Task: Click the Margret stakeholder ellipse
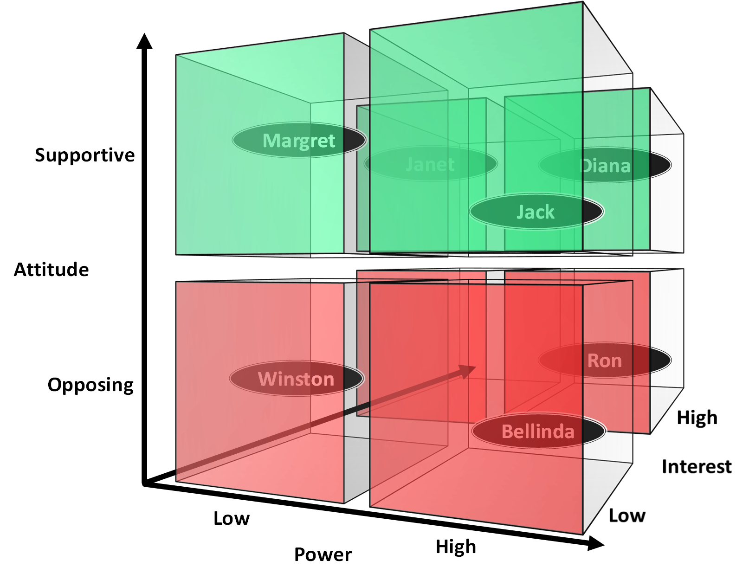299,140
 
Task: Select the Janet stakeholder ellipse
431,164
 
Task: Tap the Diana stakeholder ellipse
605,165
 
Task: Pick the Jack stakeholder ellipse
536,212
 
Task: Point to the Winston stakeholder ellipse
297,379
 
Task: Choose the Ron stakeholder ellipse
605,360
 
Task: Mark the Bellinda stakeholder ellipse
538,431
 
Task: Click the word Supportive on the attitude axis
84,155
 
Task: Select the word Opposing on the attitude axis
90,385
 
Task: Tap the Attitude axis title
51,270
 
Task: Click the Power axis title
323,554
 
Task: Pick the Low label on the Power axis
231,518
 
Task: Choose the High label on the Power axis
456,547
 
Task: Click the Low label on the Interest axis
626,516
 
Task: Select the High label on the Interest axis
697,418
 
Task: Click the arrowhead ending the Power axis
596,543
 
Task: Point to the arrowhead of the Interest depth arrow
468,370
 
